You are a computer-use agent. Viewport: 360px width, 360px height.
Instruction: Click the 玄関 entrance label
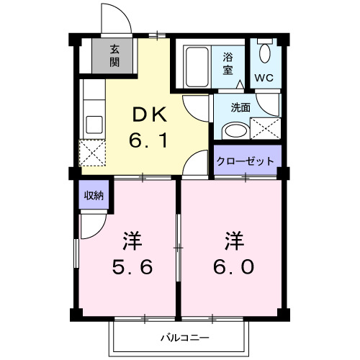pos(114,55)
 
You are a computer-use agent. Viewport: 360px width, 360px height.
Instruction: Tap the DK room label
pos(149,114)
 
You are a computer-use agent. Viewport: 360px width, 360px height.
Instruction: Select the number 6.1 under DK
pos(149,140)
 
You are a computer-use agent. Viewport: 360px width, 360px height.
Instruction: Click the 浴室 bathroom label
pos(228,63)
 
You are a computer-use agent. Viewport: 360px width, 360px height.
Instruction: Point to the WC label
pos(263,76)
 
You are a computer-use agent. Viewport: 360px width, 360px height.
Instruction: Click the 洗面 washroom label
pos(240,107)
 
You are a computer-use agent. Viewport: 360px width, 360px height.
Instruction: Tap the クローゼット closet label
pos(246,161)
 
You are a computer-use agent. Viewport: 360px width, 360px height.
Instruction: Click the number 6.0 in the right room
pos(233,267)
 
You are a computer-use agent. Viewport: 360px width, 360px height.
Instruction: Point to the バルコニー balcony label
pos(184,337)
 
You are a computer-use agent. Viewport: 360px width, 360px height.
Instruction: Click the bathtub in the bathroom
pos(196,67)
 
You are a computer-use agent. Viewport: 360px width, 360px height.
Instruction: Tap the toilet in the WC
pos(264,54)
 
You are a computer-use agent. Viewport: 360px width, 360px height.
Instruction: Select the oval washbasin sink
pos(234,131)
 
